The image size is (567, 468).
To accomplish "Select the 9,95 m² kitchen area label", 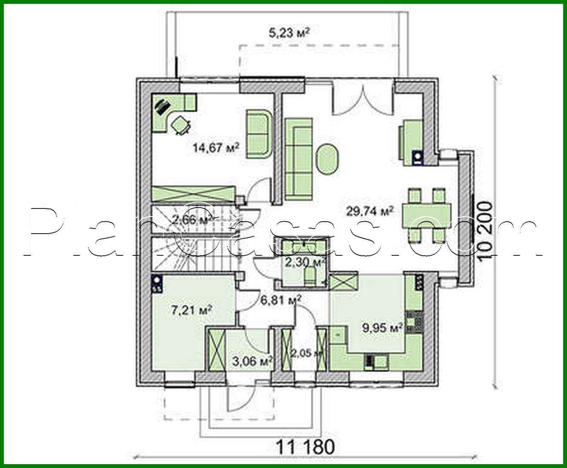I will pyautogui.click(x=383, y=328).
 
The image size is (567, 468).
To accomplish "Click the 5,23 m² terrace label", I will pyautogui.click(x=289, y=33).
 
